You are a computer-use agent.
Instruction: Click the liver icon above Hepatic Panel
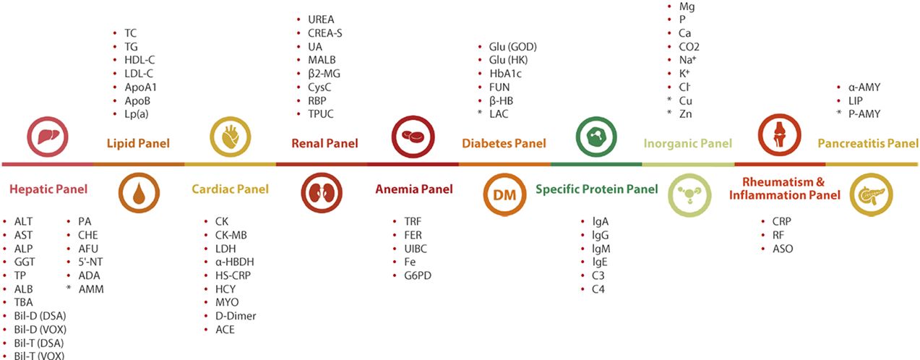(x=48, y=137)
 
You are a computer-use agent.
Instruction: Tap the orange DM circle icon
(x=504, y=194)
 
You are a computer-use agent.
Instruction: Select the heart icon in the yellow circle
(x=231, y=137)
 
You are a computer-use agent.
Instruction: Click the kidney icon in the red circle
(x=322, y=193)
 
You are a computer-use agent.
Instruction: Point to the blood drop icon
(x=139, y=193)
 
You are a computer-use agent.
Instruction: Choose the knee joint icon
(x=780, y=135)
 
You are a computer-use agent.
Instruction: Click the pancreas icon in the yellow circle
(x=871, y=194)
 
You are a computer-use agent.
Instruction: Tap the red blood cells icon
(x=413, y=137)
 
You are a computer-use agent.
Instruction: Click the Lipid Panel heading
(x=138, y=143)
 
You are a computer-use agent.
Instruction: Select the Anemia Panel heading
(x=414, y=189)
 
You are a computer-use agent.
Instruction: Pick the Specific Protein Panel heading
(x=596, y=189)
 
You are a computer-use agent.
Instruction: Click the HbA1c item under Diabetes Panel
(x=505, y=74)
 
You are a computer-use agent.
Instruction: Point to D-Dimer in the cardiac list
(x=236, y=316)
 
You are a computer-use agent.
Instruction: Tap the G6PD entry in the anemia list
(x=418, y=275)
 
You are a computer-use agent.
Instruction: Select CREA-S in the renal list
(x=325, y=33)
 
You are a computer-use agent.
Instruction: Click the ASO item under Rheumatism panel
(x=783, y=249)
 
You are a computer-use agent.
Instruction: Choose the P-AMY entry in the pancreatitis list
(x=864, y=113)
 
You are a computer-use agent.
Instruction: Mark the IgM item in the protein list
(x=601, y=249)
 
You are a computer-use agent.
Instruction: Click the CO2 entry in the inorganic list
(x=689, y=47)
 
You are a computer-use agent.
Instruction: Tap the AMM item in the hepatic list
(x=91, y=289)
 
